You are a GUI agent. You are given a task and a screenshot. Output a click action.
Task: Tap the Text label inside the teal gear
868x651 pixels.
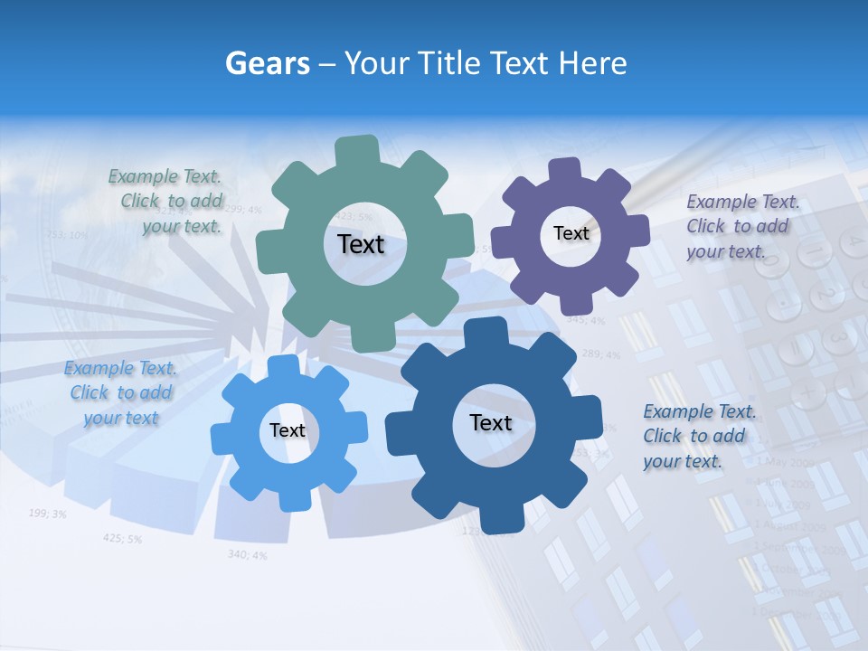[x=361, y=244]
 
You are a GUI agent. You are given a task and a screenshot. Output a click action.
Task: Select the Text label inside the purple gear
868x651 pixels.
[x=571, y=233]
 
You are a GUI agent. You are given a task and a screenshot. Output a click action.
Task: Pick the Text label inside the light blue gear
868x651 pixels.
[x=288, y=430]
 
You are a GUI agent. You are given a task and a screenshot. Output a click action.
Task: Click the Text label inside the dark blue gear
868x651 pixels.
[x=491, y=422]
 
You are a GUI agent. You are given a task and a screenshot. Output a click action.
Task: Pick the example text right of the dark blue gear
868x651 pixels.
[x=697, y=436]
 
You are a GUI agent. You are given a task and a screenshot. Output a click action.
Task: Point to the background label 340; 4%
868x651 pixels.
[x=247, y=554]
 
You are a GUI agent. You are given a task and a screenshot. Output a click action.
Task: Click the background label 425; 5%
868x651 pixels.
[x=122, y=538]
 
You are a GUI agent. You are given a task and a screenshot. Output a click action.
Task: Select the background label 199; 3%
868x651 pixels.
[x=47, y=514]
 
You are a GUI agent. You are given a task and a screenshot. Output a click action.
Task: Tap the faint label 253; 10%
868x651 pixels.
[x=67, y=235]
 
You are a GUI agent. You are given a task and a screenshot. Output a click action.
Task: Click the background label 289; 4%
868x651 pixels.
[x=600, y=354]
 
